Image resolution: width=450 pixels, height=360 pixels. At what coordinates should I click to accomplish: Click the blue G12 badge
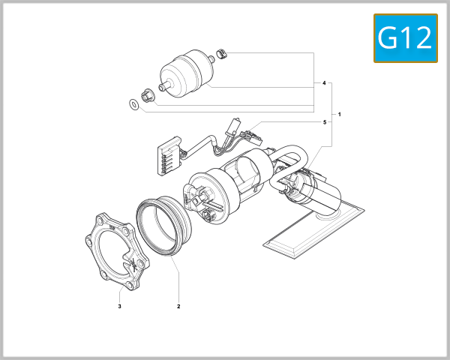click(405, 38)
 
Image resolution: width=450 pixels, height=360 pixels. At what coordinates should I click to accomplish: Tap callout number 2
click(178, 306)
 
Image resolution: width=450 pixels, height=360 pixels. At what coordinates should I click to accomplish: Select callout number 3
click(119, 306)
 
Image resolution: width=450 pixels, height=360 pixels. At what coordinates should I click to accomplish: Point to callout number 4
click(324, 82)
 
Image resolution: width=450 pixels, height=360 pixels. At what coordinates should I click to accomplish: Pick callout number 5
click(324, 121)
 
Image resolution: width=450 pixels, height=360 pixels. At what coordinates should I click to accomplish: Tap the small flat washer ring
click(133, 103)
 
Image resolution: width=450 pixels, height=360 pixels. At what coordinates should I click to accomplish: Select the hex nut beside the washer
click(148, 95)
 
